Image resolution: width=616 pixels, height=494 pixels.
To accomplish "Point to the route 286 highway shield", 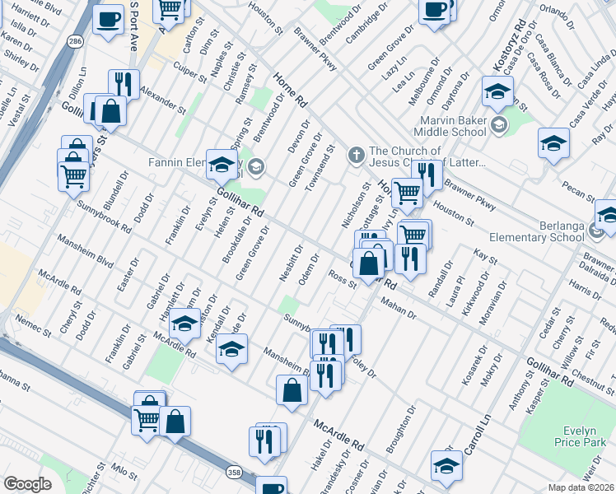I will [x=76, y=41].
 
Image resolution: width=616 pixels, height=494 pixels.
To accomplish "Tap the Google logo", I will [x=27, y=484].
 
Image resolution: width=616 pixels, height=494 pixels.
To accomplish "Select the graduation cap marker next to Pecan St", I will [x=553, y=142].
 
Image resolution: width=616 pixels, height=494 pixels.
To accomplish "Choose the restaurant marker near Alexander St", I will [x=124, y=83].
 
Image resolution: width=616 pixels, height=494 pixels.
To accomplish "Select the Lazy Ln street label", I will [x=400, y=63].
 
